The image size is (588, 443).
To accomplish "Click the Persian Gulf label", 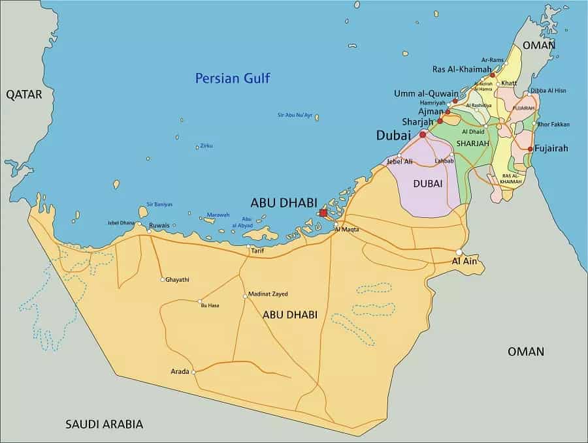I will click(x=233, y=79).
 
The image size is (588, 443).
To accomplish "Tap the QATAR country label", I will click(x=24, y=95).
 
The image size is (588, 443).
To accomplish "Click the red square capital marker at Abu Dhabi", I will click(x=323, y=213).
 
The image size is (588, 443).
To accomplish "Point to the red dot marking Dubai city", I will click(x=423, y=134).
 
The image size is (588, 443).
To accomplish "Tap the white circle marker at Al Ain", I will click(x=459, y=252).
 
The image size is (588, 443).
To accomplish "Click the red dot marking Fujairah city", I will click(x=530, y=149).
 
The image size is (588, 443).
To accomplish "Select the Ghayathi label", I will click(x=178, y=280).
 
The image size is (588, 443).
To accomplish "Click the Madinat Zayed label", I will click(x=268, y=294).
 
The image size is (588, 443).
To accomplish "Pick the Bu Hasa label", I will click(x=209, y=305).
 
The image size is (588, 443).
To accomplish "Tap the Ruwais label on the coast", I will click(x=159, y=226).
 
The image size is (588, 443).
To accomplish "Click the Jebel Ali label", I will click(x=399, y=161).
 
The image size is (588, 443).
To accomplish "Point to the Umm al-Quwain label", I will click(x=426, y=93).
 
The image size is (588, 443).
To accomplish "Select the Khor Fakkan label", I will click(x=554, y=124).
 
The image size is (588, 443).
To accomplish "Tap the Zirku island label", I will click(x=206, y=145).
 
